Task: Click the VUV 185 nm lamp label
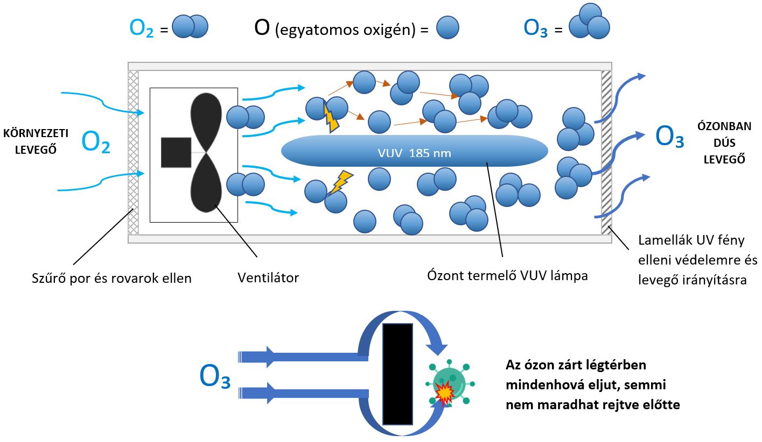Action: [414, 153]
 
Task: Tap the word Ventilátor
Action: [268, 278]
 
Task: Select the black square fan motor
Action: [176, 152]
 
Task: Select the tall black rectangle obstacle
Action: [397, 374]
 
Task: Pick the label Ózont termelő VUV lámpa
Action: [507, 276]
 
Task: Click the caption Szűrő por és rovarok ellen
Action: [111, 279]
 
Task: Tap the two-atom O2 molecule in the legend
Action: [191, 26]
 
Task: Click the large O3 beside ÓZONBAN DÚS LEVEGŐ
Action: [669, 137]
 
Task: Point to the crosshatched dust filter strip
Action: [132, 153]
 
